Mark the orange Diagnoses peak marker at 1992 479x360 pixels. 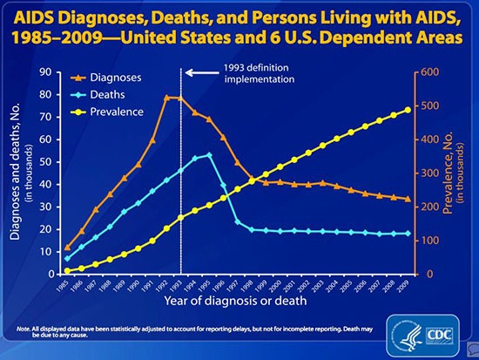pyautogui.click(x=166, y=98)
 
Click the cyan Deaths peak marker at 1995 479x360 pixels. pyautogui.click(x=209, y=155)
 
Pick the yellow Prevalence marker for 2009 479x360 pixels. pyautogui.click(x=408, y=110)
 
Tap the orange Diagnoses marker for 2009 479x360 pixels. pyautogui.click(x=408, y=200)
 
